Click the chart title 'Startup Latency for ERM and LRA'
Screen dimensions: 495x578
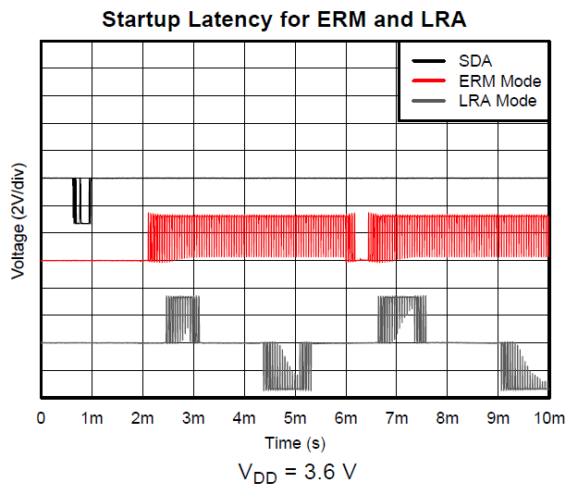[294, 19]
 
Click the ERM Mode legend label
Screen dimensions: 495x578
[499, 81]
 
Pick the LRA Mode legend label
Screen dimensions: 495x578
[498, 100]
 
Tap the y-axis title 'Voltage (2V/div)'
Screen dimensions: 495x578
[18, 222]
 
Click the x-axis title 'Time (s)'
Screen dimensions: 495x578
[295, 442]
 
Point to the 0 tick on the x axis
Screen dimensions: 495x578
[41, 418]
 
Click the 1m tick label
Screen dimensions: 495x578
[92, 418]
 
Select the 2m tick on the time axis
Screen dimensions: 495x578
[142, 418]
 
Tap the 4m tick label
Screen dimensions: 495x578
[244, 418]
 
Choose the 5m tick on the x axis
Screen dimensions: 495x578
[295, 418]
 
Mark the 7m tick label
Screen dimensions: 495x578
[397, 418]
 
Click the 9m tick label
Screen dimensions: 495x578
[498, 418]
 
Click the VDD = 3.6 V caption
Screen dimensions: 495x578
[295, 471]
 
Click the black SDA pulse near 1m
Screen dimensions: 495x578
[82, 201]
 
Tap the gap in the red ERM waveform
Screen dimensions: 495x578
[362, 239]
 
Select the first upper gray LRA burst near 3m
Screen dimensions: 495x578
[181, 319]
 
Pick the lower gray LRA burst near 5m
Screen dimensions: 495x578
[287, 366]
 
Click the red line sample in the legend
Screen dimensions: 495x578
[425, 81]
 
